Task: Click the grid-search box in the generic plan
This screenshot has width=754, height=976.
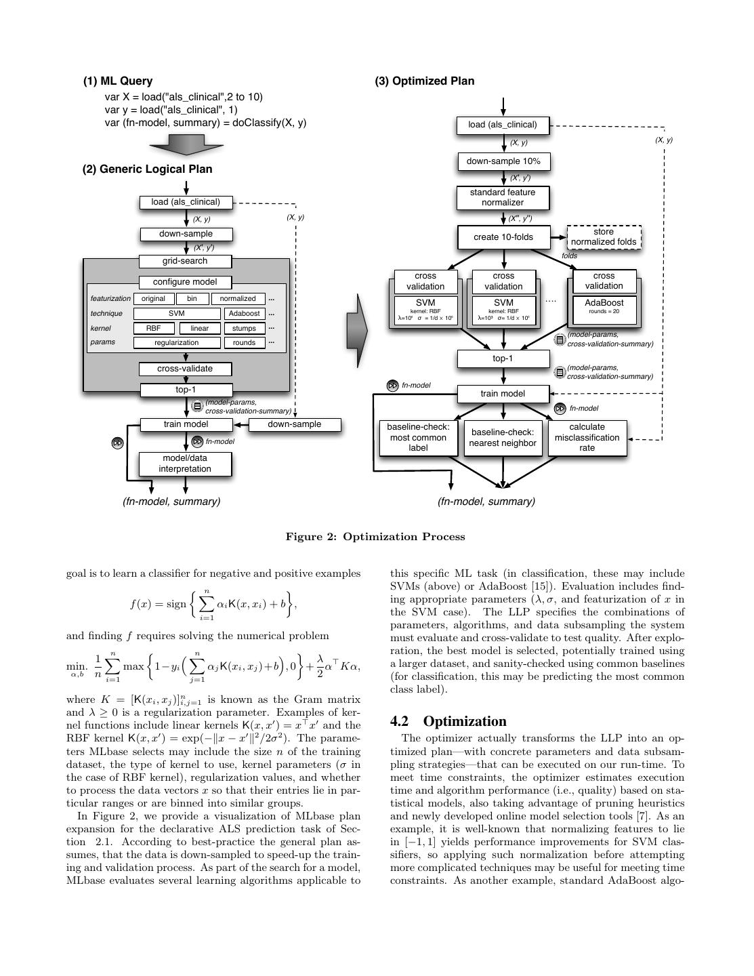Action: click(185, 261)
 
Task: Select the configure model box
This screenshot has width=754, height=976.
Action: click(185, 282)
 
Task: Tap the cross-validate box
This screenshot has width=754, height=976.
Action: click(185, 369)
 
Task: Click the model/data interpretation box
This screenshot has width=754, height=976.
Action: click(185, 464)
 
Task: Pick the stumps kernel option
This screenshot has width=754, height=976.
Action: click(244, 328)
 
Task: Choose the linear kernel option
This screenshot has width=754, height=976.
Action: click(199, 328)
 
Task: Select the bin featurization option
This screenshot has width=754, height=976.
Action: click(192, 298)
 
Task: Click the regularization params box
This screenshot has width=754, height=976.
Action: click(176, 342)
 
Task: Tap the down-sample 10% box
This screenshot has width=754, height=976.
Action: click(503, 161)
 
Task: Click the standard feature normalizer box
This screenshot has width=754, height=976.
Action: click(503, 197)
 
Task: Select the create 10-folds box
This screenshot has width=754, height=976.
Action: click(503, 237)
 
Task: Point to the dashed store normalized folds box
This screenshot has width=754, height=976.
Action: click(603, 237)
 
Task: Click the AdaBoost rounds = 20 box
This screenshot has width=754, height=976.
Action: click(604, 306)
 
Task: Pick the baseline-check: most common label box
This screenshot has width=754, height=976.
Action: click(418, 438)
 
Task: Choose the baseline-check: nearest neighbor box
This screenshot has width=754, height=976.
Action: click(503, 438)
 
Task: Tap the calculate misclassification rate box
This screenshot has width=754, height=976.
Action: click(587, 438)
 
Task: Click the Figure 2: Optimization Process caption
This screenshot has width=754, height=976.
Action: click(375, 537)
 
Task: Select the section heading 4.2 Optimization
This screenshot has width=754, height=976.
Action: click(448, 721)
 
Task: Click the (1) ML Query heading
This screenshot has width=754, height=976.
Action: click(118, 81)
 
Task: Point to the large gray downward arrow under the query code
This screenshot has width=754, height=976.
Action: click(186, 143)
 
